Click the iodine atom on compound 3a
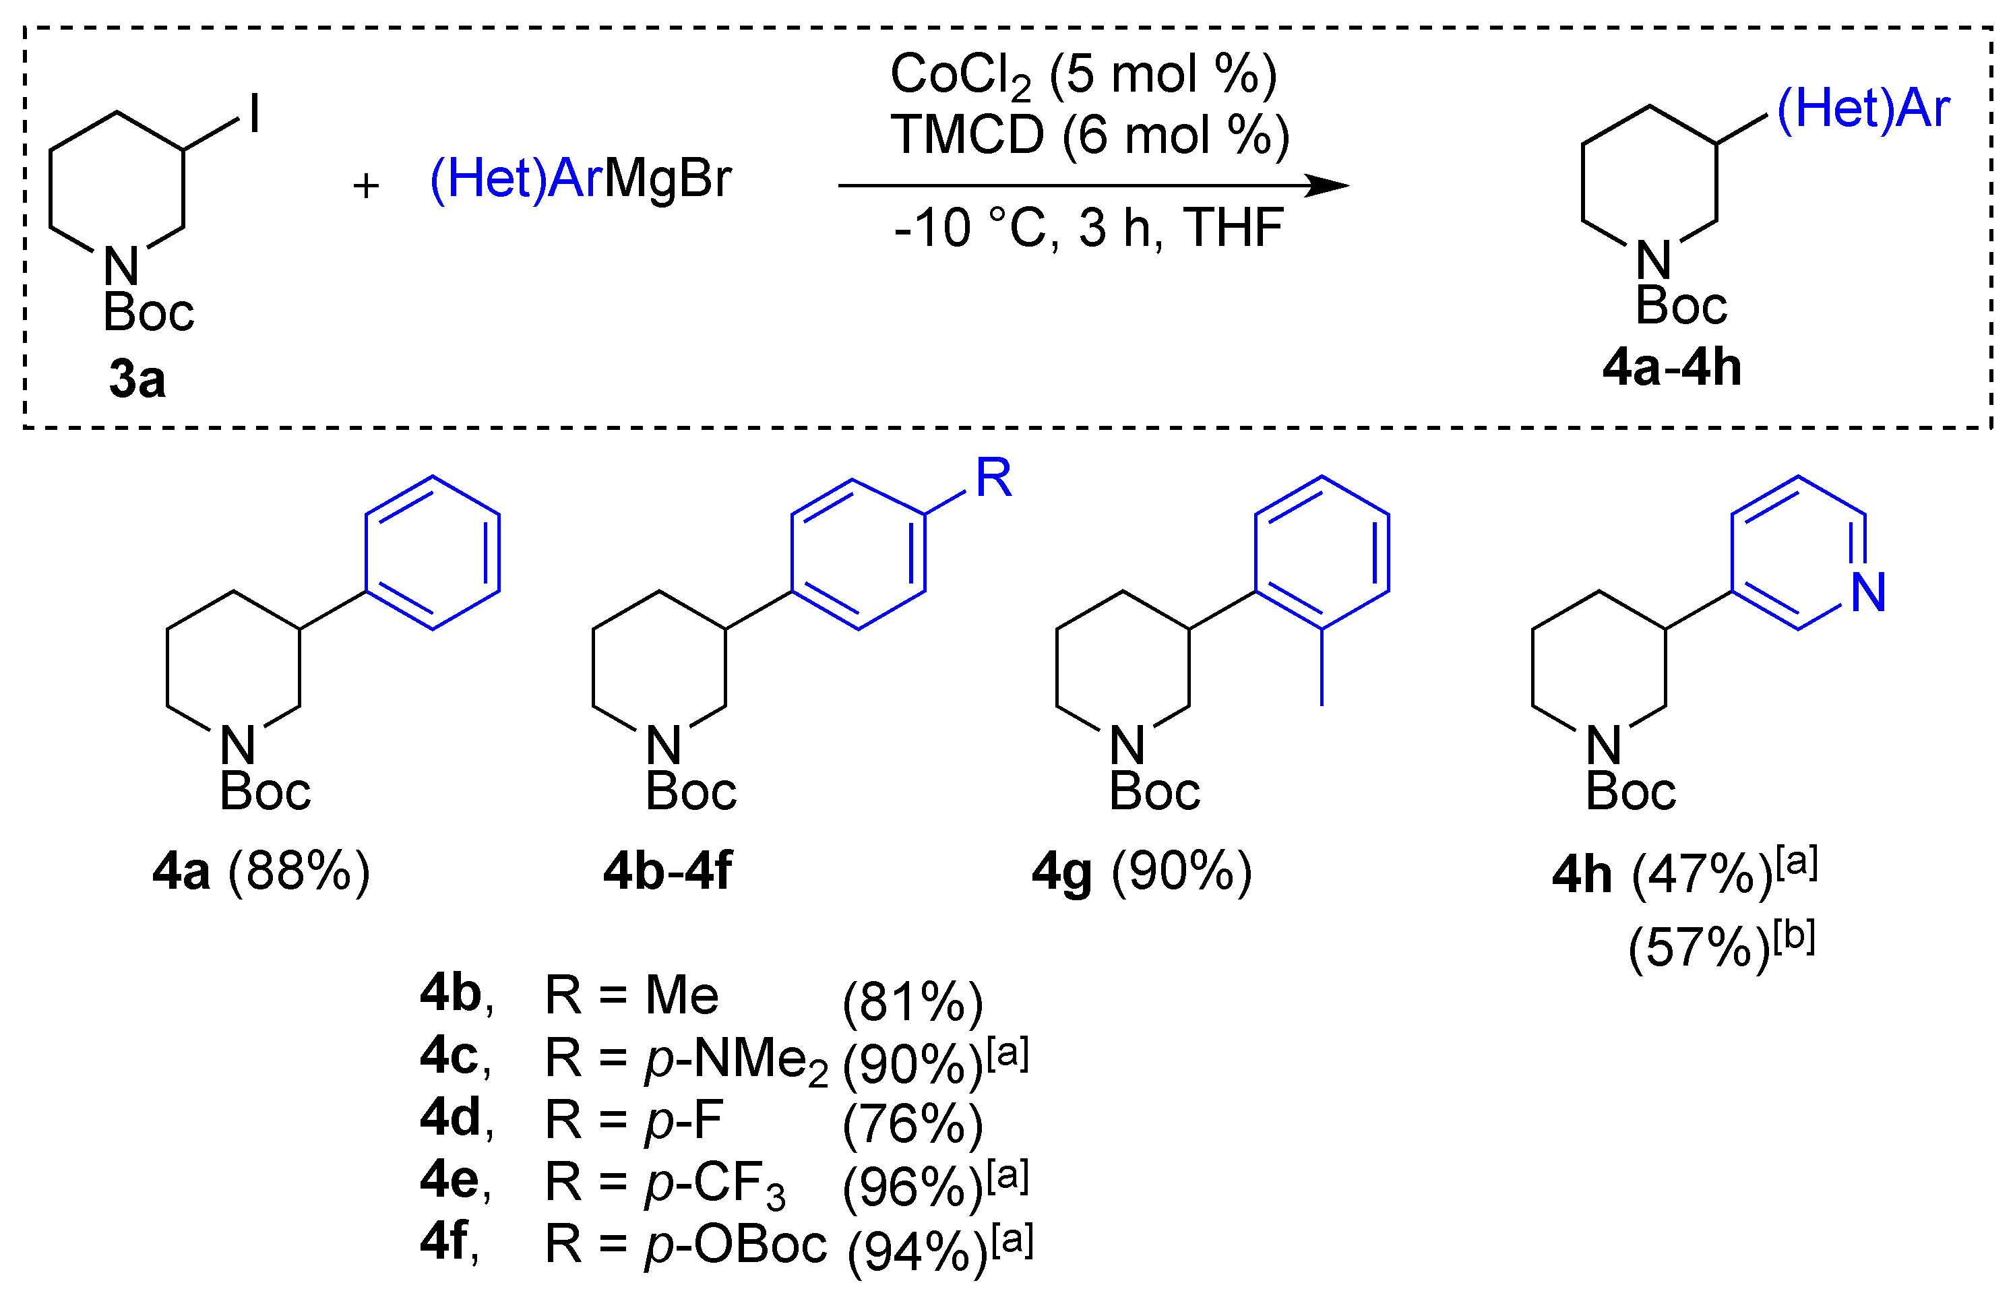click(x=255, y=113)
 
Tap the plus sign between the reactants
click(x=366, y=185)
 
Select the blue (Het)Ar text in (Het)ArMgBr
click(x=516, y=179)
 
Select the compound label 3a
click(x=137, y=378)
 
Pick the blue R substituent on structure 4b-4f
click(x=994, y=479)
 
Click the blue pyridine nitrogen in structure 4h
click(x=1869, y=592)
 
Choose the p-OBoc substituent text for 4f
click(x=735, y=1245)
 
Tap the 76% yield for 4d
click(x=912, y=1124)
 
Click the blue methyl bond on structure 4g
click(x=1322, y=667)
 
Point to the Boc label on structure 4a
click(x=265, y=791)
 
